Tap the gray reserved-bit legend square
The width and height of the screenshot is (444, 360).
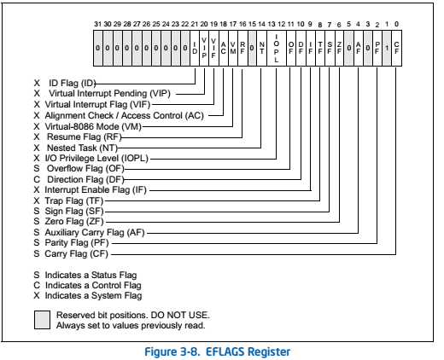(42, 320)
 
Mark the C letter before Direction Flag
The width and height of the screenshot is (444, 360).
(37, 178)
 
